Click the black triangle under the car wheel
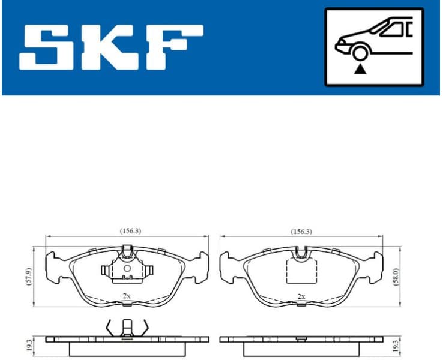coord(360,70)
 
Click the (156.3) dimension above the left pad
coord(129,230)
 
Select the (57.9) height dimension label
coord(29,274)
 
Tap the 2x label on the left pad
coord(126,296)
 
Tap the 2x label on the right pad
coord(301,296)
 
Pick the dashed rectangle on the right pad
coord(303,270)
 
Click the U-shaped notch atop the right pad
coord(303,253)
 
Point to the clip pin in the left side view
coord(127,329)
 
